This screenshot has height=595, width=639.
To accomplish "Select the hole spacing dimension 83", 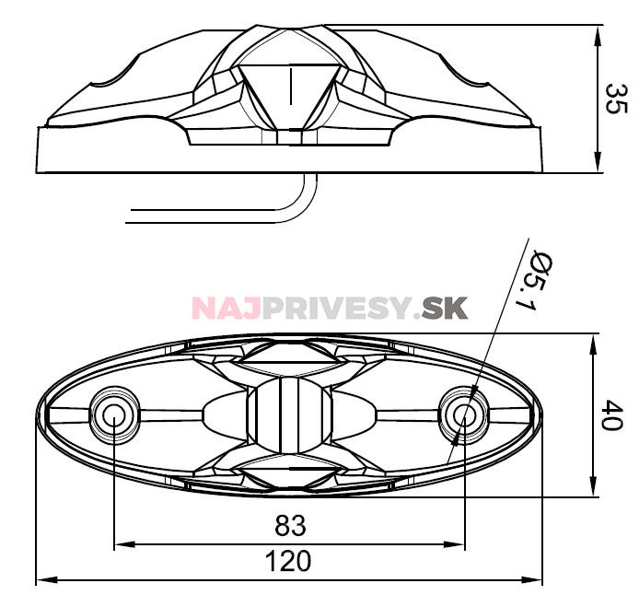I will click(291, 526).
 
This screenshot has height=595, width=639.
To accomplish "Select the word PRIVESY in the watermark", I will click(333, 308).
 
